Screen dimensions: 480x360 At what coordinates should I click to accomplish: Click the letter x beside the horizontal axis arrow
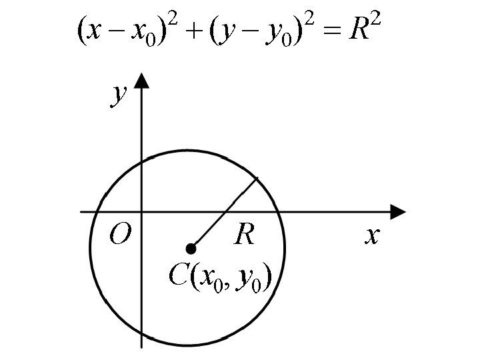pyautogui.click(x=371, y=235)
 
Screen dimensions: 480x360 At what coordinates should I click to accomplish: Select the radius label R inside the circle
pyautogui.click(x=245, y=235)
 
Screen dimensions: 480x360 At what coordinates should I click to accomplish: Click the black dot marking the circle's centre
pyautogui.click(x=191, y=249)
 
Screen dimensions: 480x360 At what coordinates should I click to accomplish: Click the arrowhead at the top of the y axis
pyautogui.click(x=141, y=81)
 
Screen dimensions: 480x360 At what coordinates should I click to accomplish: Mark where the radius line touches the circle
pyautogui.click(x=257, y=177)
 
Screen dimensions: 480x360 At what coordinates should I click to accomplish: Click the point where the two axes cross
pyautogui.click(x=141, y=212)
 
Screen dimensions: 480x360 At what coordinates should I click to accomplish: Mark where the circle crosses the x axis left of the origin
pyautogui.click(x=98, y=212)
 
